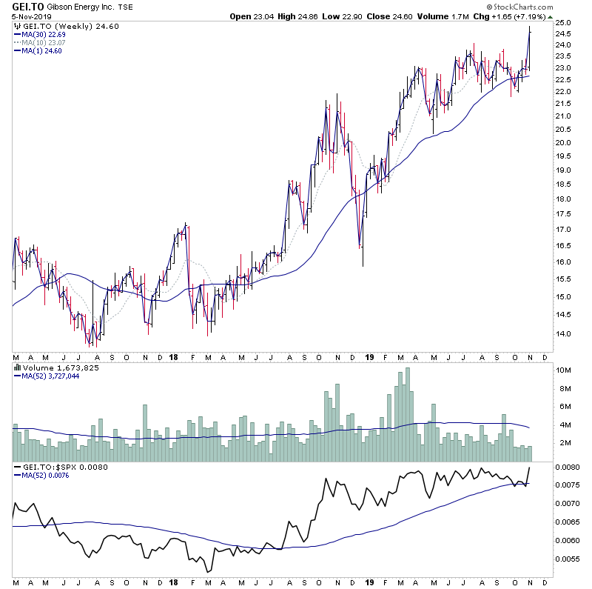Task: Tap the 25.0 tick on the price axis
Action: click(x=563, y=22)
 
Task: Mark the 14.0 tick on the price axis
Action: click(x=563, y=333)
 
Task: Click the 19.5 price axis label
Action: click(x=563, y=156)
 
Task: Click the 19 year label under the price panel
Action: click(x=370, y=356)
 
